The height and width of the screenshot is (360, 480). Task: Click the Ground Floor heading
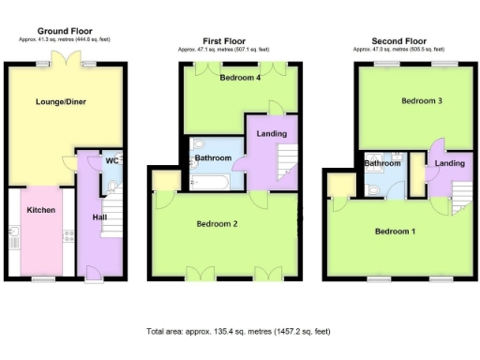pos(63,31)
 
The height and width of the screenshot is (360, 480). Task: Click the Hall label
pos(98,217)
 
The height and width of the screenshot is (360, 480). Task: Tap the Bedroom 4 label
pos(239,78)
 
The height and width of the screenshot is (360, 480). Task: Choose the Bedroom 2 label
pos(216,224)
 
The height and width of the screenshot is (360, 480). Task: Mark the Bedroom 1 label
pos(394,231)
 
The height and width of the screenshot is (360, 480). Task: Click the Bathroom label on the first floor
pos(213,158)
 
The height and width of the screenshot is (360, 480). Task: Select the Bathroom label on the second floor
pos(382,164)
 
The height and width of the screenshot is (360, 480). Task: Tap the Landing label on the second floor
pos(450,164)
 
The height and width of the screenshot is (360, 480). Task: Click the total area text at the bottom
pos(238,332)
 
